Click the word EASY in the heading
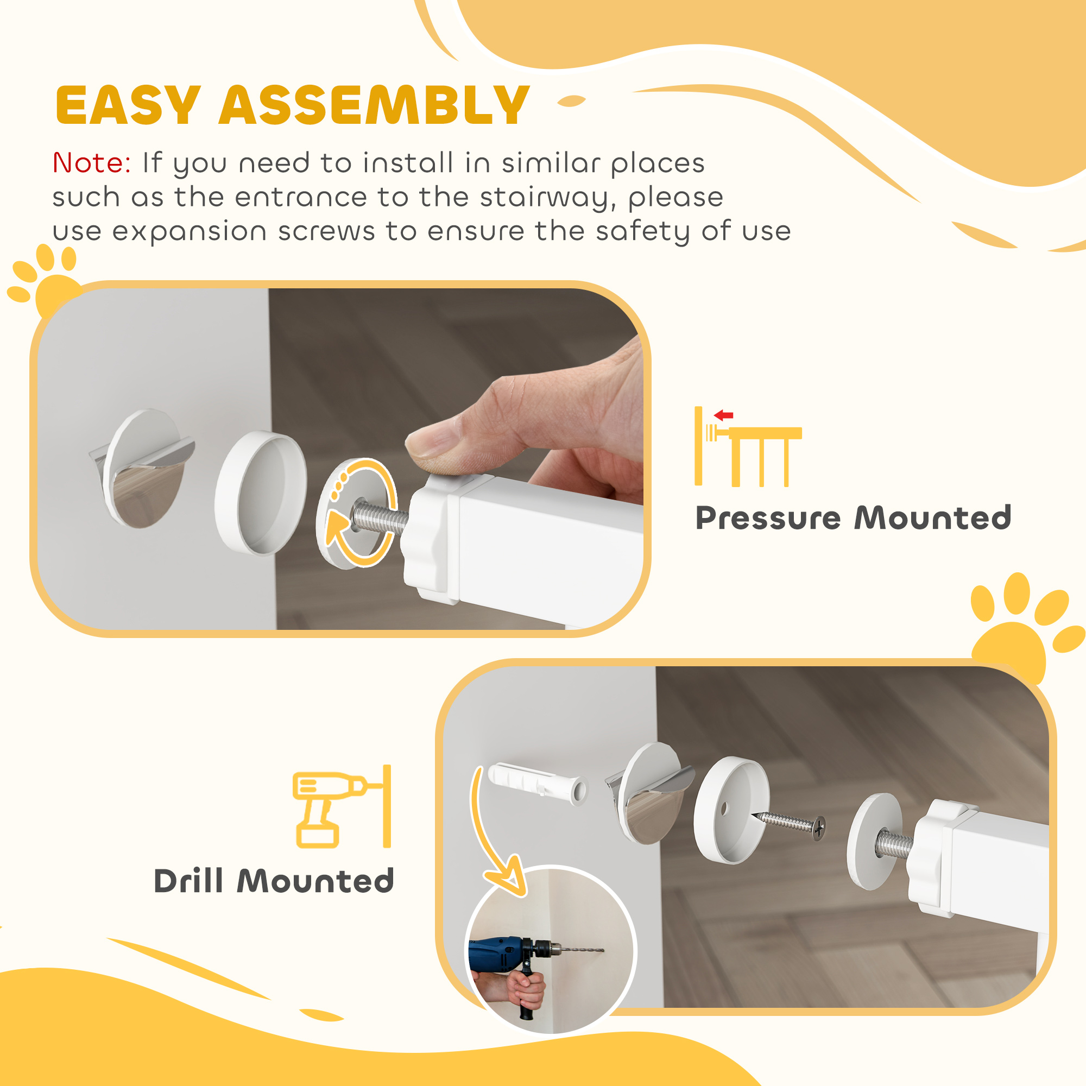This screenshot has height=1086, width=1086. tap(128, 106)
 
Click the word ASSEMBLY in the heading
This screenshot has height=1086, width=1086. tap(374, 106)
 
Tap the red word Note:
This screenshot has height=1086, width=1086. tap(92, 163)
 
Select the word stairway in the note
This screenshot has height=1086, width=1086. tap(544, 198)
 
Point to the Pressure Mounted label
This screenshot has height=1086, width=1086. tap(853, 517)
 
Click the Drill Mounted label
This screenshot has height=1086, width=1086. tap(274, 881)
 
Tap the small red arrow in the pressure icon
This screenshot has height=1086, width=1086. tap(724, 415)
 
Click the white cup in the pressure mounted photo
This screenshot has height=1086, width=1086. tap(261, 493)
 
